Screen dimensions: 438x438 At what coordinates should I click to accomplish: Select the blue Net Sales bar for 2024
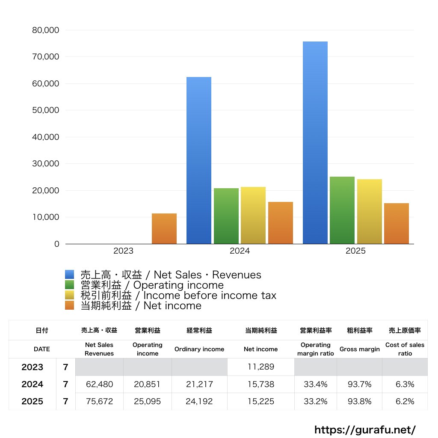(x=199, y=160)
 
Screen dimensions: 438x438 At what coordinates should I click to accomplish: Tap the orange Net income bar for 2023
(x=164, y=228)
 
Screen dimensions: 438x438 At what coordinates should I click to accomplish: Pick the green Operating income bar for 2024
(x=226, y=216)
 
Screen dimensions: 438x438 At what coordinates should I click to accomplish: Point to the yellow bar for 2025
(x=370, y=211)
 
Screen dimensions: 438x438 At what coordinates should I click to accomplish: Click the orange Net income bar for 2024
(x=281, y=223)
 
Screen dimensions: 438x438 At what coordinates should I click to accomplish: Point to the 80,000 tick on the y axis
(x=45, y=30)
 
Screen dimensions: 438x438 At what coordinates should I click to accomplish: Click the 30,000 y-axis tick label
(x=45, y=164)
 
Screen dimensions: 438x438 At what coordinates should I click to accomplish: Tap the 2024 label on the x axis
(x=240, y=251)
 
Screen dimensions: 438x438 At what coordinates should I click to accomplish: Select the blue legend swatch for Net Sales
(x=70, y=275)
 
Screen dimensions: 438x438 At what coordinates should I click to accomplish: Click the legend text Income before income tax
(x=210, y=295)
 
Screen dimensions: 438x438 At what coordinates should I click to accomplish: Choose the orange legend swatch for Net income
(x=70, y=305)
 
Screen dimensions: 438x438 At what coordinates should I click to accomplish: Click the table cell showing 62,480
(x=99, y=385)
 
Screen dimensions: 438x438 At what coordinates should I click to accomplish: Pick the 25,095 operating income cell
(x=147, y=402)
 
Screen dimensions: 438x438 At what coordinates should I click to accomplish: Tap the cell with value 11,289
(x=261, y=367)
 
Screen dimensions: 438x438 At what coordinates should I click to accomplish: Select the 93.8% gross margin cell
(x=359, y=402)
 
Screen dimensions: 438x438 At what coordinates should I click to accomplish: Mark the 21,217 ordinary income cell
(x=199, y=385)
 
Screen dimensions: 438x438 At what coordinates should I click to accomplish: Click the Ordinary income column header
(x=199, y=349)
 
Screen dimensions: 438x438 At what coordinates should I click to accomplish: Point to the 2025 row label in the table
(x=33, y=402)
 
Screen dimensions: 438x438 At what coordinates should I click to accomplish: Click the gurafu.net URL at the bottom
(x=365, y=429)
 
